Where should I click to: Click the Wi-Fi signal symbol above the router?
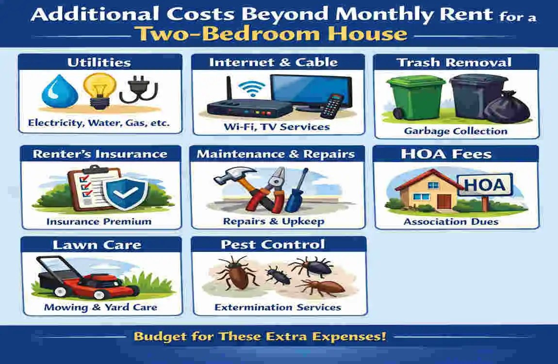click(252, 88)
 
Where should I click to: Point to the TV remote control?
click(332, 106)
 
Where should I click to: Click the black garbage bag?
click(507, 107)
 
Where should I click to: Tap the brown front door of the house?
click(444, 201)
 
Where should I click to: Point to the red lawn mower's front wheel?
click(100, 295)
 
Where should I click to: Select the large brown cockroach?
click(238, 275)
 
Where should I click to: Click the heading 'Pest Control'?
click(273, 245)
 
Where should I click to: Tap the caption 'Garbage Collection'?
click(456, 131)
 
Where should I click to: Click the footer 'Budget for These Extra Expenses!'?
click(260, 336)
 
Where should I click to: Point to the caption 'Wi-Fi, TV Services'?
click(277, 127)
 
